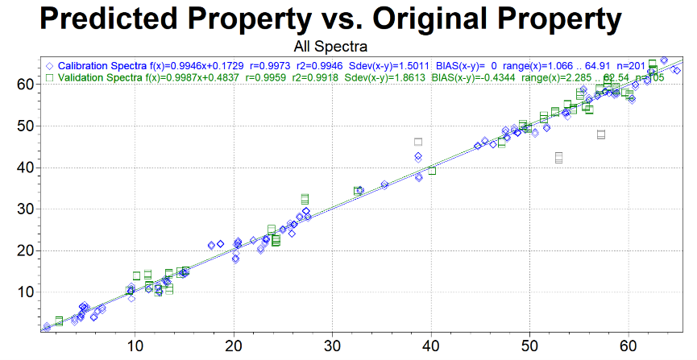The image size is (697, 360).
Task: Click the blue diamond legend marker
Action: [50, 65]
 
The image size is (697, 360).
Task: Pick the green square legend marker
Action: [50, 77]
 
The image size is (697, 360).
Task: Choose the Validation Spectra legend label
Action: [98, 77]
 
